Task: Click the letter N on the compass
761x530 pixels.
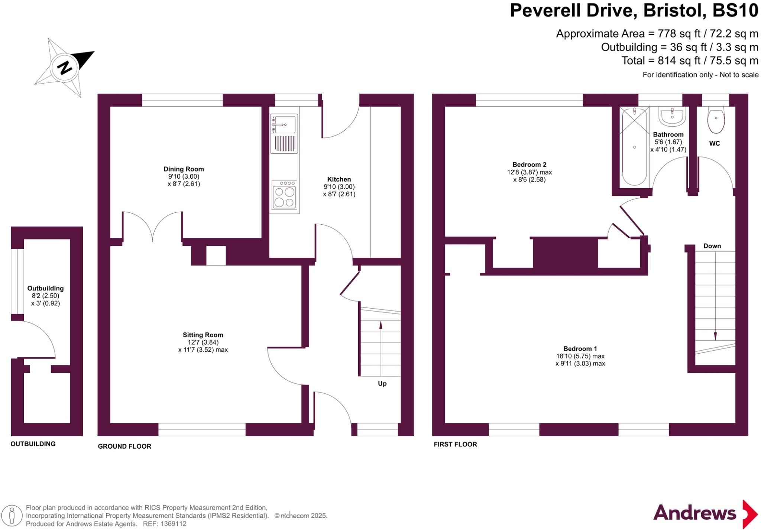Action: [65, 68]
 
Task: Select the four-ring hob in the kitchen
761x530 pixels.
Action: [284, 197]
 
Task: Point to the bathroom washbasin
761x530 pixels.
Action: [672, 117]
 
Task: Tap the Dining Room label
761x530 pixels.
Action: [184, 169]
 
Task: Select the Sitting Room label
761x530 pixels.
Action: [203, 335]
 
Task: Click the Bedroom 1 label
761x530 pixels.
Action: [580, 348]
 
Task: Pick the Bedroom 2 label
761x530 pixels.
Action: [529, 165]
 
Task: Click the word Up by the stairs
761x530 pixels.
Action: [382, 384]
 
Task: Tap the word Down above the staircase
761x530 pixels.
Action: [712, 246]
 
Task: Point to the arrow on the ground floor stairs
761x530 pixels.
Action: [381, 325]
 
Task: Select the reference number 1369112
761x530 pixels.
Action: [173, 524]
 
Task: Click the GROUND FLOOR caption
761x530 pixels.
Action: [124, 446]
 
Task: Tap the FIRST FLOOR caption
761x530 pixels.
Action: [455, 444]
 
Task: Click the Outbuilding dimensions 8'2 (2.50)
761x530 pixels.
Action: [45, 296]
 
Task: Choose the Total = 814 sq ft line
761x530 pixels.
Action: [690, 61]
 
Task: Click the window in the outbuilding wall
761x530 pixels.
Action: [17, 281]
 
